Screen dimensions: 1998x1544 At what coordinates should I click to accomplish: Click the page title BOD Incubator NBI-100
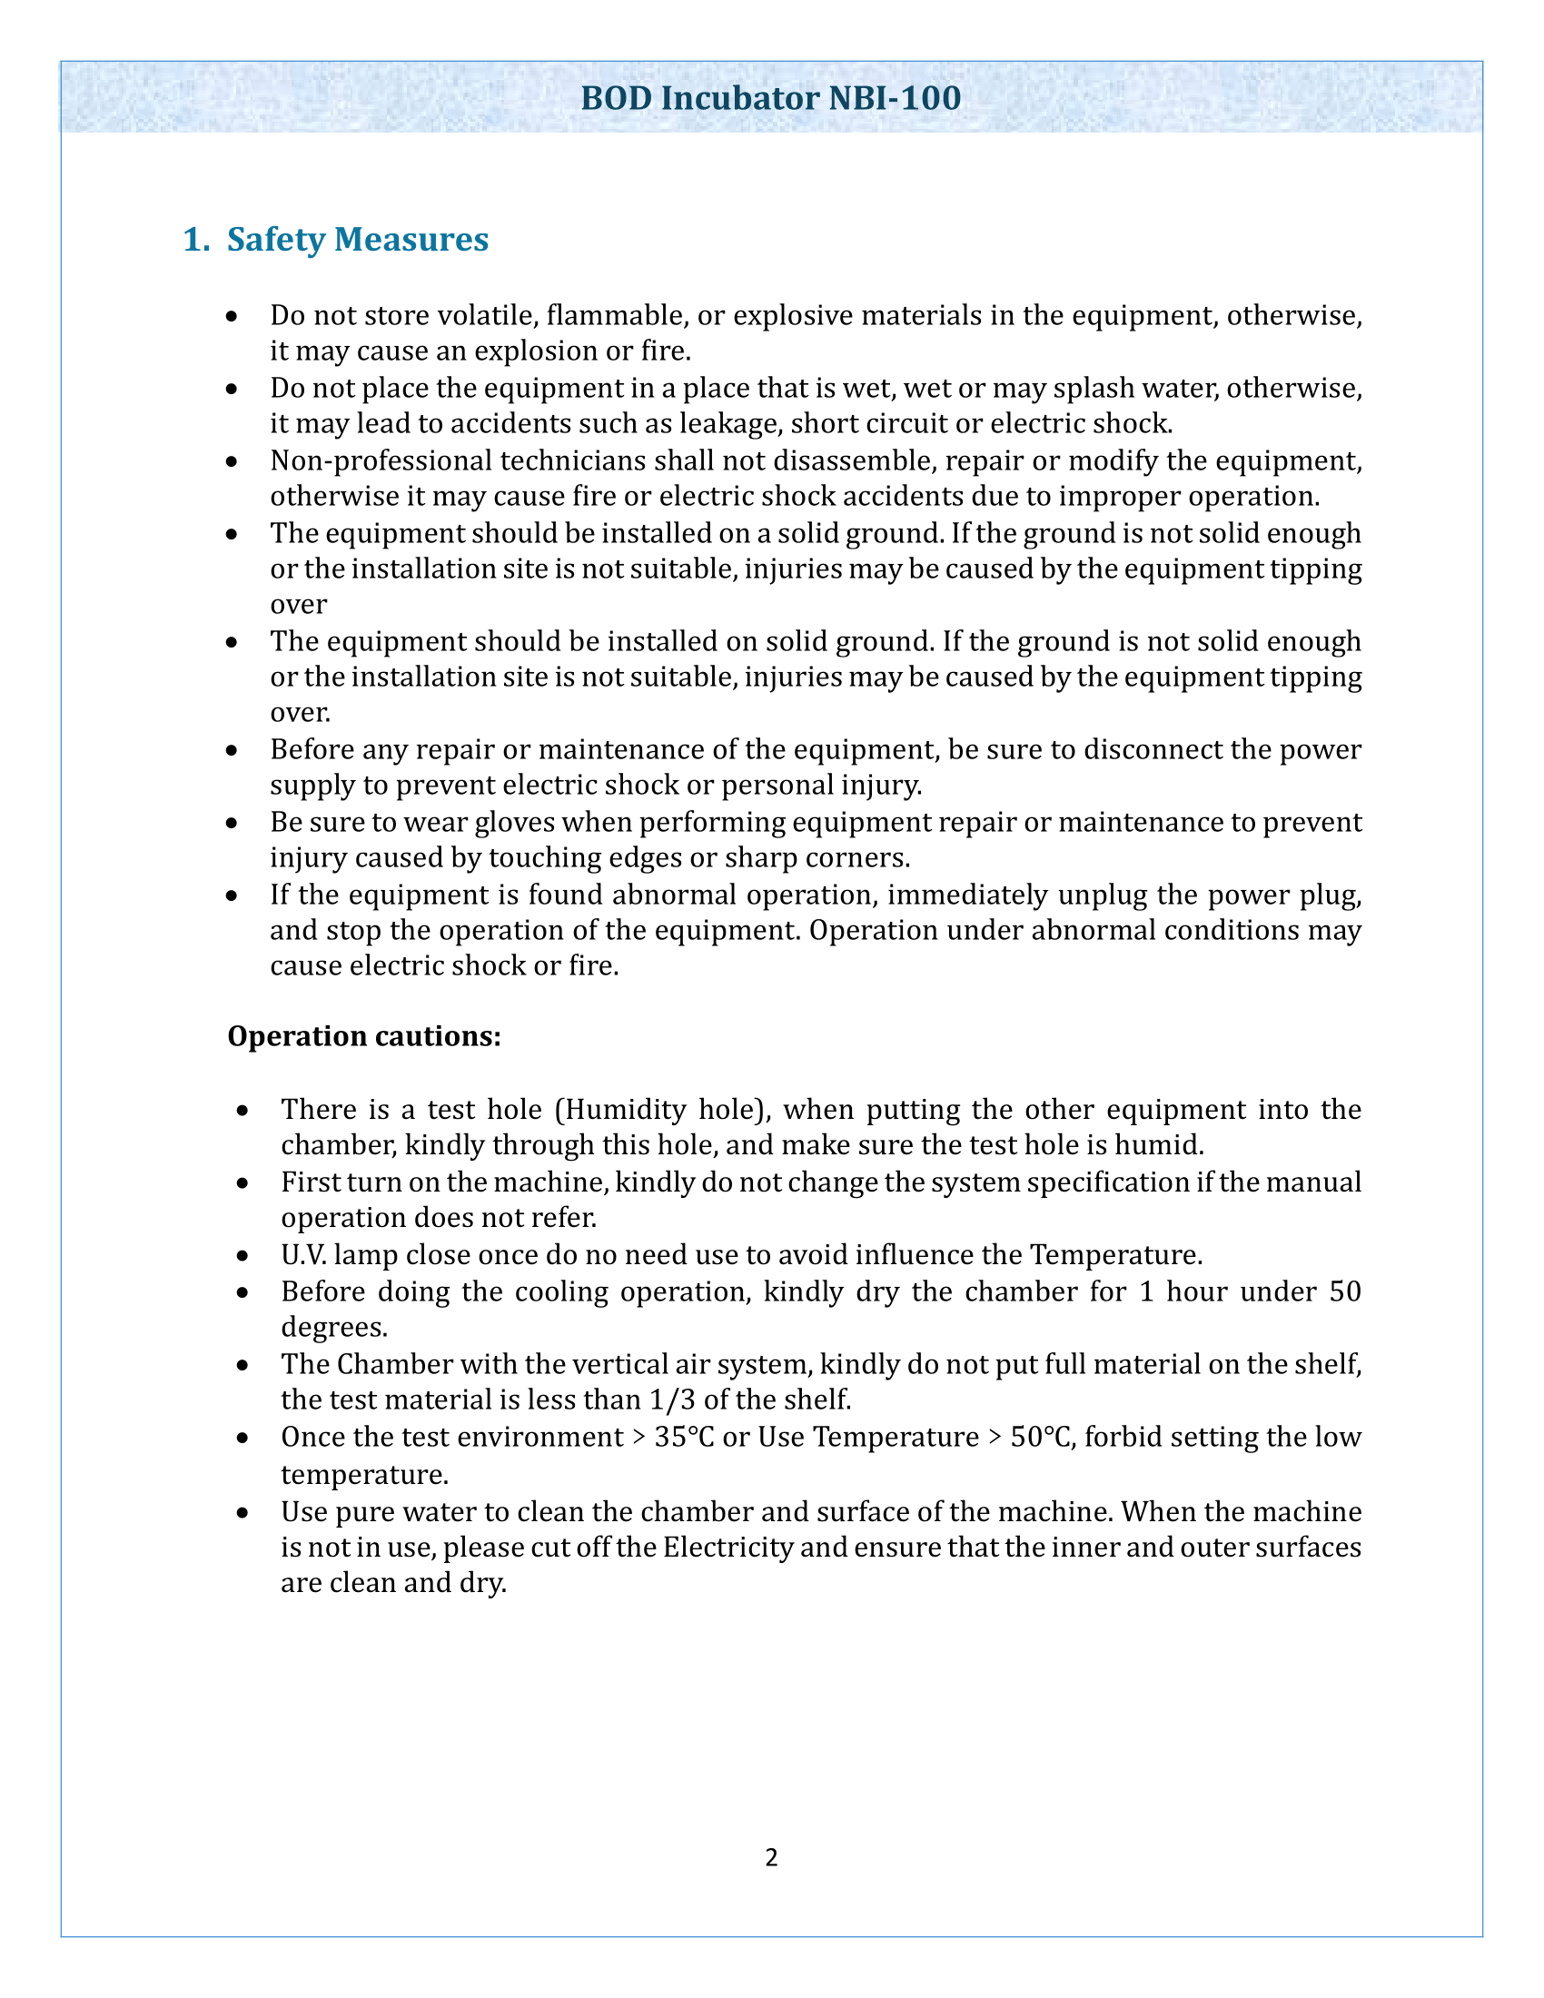[x=770, y=98]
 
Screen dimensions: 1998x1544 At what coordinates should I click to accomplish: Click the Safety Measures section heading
[x=357, y=240]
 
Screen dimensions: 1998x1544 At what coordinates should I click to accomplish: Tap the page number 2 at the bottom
[x=771, y=1857]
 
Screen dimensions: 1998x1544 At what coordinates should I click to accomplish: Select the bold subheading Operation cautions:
[x=364, y=1036]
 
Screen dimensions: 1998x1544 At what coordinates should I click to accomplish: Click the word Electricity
[x=727, y=1548]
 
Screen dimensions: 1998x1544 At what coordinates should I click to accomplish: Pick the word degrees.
[x=334, y=1328]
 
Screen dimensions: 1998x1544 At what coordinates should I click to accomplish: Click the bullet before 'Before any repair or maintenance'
[x=233, y=750]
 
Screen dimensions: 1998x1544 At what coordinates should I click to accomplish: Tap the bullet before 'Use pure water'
[x=242, y=1513]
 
